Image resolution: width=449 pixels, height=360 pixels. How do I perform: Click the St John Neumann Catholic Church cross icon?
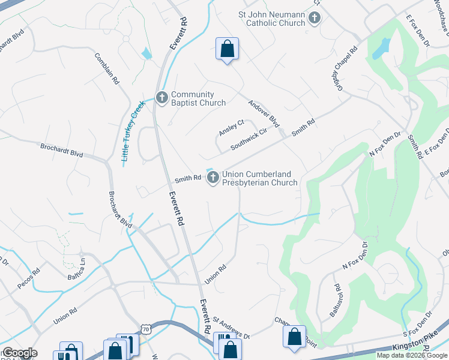point(314,19)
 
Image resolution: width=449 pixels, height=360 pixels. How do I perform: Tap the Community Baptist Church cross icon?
point(161,97)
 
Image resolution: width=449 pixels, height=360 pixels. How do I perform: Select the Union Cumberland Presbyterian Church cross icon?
point(212,178)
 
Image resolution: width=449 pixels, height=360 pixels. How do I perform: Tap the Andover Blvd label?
point(264,113)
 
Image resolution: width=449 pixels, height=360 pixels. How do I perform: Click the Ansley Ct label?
point(231,128)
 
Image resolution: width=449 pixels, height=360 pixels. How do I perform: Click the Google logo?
point(20,353)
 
